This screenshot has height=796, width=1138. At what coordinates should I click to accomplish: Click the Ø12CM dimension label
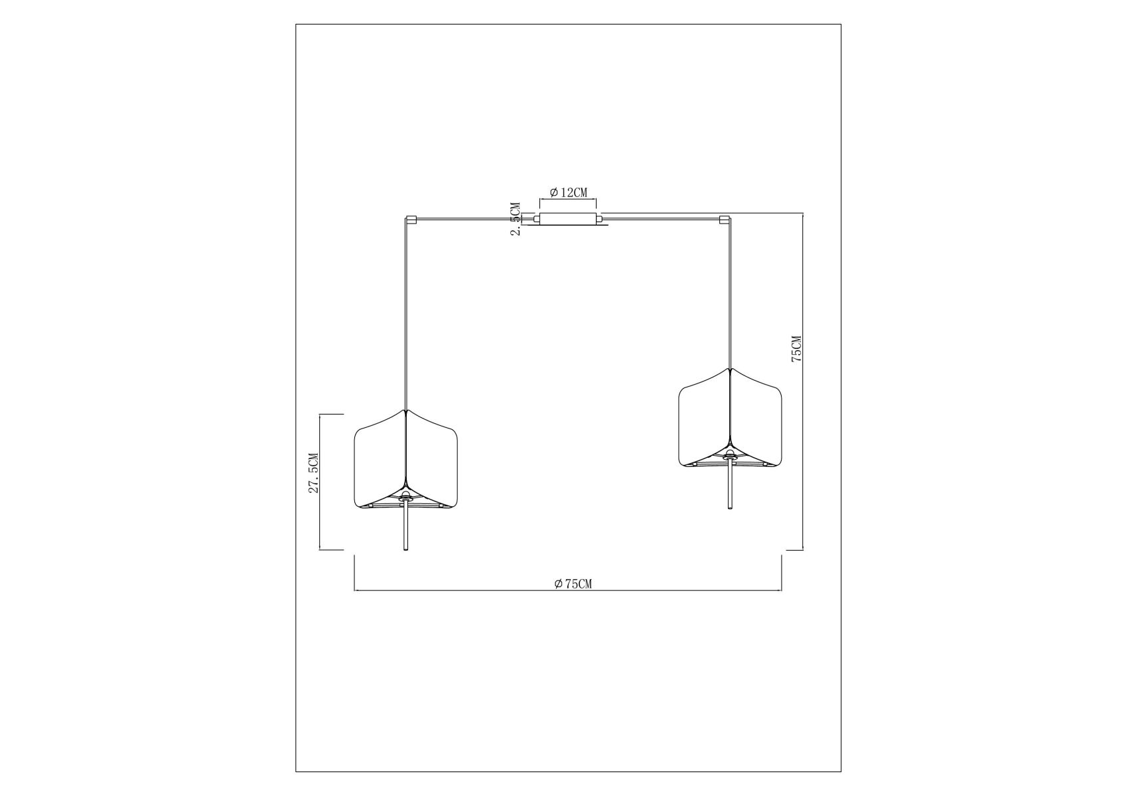tap(568, 192)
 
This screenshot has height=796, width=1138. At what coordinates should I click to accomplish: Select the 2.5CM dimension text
tap(515, 220)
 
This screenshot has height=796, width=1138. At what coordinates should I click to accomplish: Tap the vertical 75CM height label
tap(796, 348)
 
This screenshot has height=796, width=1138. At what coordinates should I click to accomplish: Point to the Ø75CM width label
tap(573, 584)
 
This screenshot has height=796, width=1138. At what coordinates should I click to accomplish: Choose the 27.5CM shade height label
tap(313, 473)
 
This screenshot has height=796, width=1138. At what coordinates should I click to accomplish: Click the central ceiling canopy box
tap(568, 220)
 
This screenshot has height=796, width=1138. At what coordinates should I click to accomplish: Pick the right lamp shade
tap(731, 418)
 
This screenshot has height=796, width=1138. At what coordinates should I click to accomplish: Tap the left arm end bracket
tap(410, 218)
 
